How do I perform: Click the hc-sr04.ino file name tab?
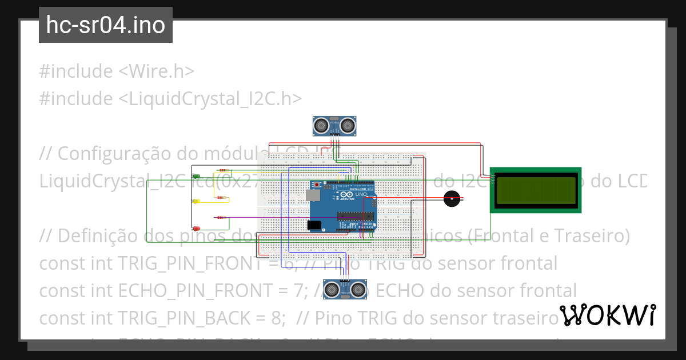(x=106, y=26)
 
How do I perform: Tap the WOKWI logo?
(x=607, y=315)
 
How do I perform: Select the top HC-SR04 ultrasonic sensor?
(x=336, y=125)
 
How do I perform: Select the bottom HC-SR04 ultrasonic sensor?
(x=345, y=290)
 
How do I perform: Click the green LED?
(x=196, y=176)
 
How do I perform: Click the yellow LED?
(x=196, y=201)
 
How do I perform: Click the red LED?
(x=196, y=228)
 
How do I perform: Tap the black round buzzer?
(x=452, y=199)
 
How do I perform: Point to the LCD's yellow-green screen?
(x=536, y=190)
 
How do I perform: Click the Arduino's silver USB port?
(x=313, y=195)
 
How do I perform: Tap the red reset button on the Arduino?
(x=316, y=185)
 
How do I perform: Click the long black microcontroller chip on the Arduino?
(x=355, y=216)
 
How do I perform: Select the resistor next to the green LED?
(x=224, y=170)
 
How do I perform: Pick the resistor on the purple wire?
(x=221, y=218)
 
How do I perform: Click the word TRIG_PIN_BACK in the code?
(x=202, y=317)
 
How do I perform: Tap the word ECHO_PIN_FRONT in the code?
(x=205, y=290)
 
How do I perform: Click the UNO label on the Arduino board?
(x=361, y=194)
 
